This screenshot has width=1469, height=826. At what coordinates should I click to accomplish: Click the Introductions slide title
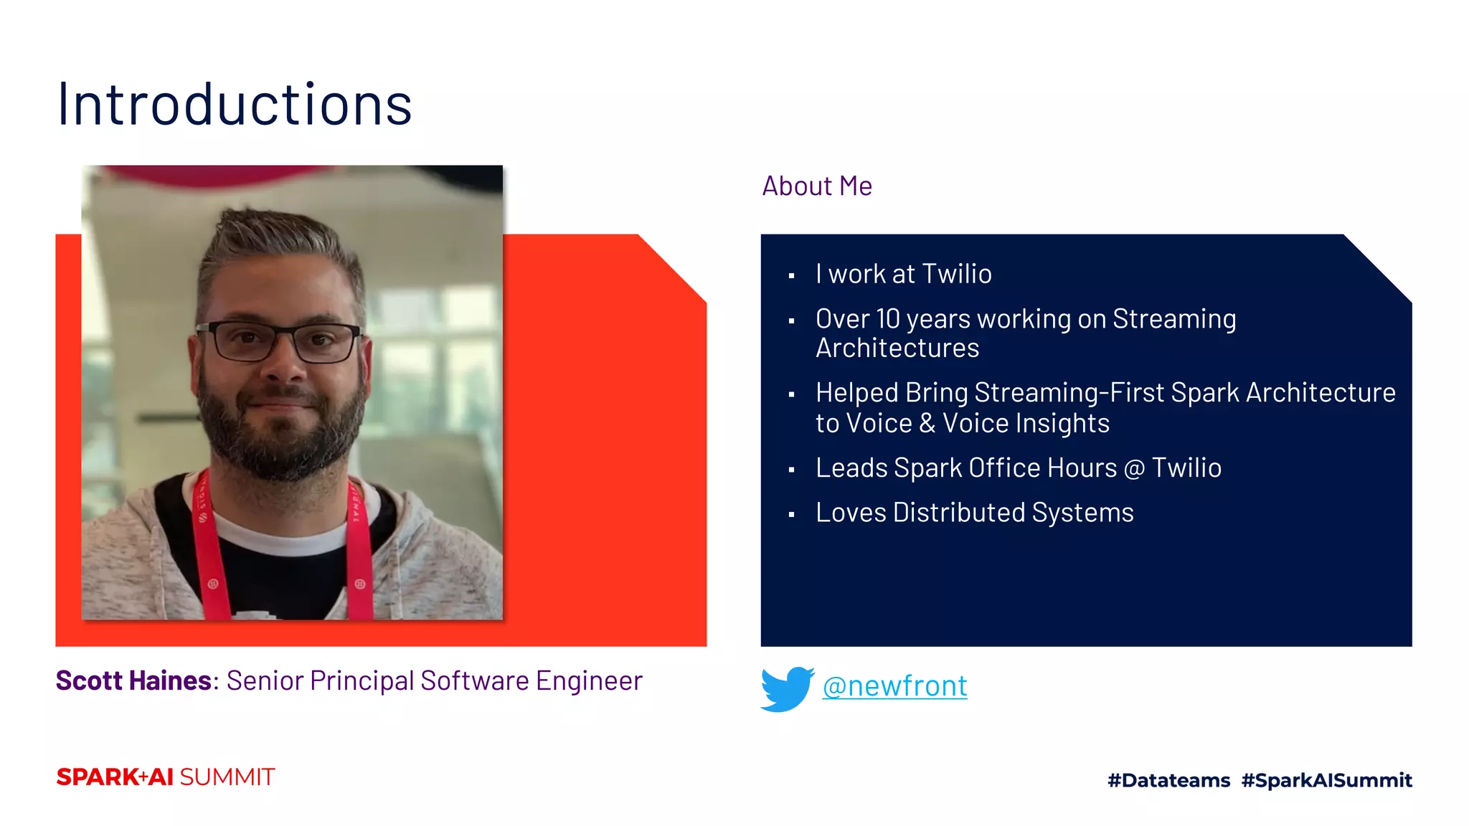coord(235,105)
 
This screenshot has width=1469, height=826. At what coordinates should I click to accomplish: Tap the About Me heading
coord(816,186)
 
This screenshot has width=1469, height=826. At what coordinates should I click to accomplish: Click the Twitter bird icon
coord(786,688)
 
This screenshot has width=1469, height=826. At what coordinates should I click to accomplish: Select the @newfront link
coord(894,686)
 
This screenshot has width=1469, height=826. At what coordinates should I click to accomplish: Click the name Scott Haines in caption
coord(133,680)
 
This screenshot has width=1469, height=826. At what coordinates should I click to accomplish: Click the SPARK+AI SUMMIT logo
coord(166,777)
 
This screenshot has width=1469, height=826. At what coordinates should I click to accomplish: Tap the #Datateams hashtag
coord(1168,780)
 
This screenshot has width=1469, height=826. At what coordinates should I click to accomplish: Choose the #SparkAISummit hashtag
coord(1326,780)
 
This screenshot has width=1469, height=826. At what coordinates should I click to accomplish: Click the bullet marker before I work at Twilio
coord(791,276)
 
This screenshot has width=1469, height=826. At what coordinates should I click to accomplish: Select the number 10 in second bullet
coord(888,319)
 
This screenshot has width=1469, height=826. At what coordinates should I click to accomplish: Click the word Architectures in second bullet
coord(897,348)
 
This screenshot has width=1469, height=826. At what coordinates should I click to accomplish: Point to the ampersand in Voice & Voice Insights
coord(927,423)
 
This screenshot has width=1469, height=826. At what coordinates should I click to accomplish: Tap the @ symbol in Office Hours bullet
coord(1134,469)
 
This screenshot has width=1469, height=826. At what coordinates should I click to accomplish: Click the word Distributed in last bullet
coord(959,513)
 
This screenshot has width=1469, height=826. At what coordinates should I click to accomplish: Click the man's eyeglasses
coord(283,342)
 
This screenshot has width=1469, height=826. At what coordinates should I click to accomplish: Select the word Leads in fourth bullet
coord(851,468)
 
